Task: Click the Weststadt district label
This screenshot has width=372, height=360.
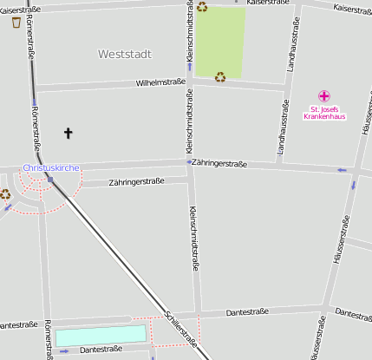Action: point(125,54)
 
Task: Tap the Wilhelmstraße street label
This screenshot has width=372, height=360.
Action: point(161,82)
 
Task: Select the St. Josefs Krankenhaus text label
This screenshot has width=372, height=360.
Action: point(324,113)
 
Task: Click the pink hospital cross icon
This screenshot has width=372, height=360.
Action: point(324,95)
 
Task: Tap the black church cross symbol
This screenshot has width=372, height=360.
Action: point(69,133)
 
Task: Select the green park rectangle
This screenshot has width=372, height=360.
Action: point(219,41)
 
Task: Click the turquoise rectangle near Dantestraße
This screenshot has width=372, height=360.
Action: point(101,335)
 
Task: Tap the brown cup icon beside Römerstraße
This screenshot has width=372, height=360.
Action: point(16,22)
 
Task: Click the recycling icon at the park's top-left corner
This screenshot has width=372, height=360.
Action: point(202,7)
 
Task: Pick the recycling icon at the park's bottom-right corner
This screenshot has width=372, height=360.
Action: point(220,76)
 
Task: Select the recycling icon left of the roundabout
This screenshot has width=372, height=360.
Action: point(5,194)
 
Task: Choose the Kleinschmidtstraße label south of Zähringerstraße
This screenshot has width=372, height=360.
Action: point(194,239)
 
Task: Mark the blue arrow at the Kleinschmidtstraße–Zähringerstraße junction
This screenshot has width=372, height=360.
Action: point(189,162)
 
